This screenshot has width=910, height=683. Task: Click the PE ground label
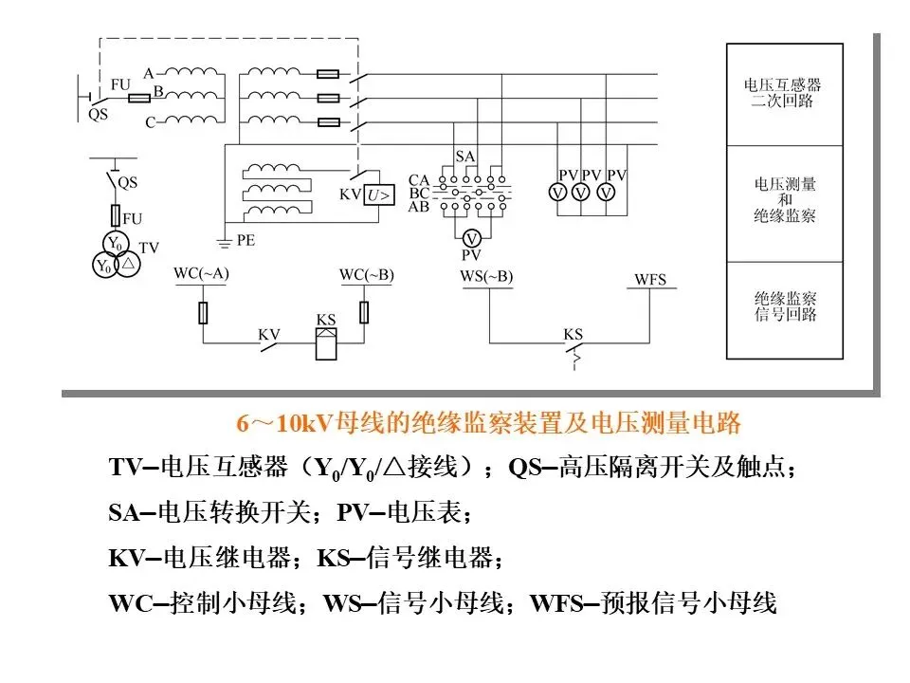click(x=246, y=241)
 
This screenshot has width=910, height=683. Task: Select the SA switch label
click(x=464, y=155)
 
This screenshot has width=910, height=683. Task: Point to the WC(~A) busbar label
click(x=201, y=275)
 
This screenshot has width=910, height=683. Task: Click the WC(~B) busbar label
click(x=366, y=275)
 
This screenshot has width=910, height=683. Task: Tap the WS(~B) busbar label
click(x=486, y=276)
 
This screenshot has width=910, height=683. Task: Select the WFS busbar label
click(x=649, y=279)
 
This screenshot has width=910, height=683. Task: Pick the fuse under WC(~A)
click(x=202, y=312)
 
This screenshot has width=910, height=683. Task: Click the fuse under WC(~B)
click(x=365, y=312)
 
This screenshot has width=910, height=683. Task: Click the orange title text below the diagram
click(x=488, y=423)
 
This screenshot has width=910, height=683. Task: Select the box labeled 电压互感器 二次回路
click(x=783, y=93)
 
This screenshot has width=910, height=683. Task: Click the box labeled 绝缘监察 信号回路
click(x=783, y=305)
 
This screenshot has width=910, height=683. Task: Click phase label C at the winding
click(x=149, y=123)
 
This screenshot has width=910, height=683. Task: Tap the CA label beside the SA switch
click(x=419, y=179)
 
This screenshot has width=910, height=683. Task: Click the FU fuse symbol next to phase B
click(x=139, y=98)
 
